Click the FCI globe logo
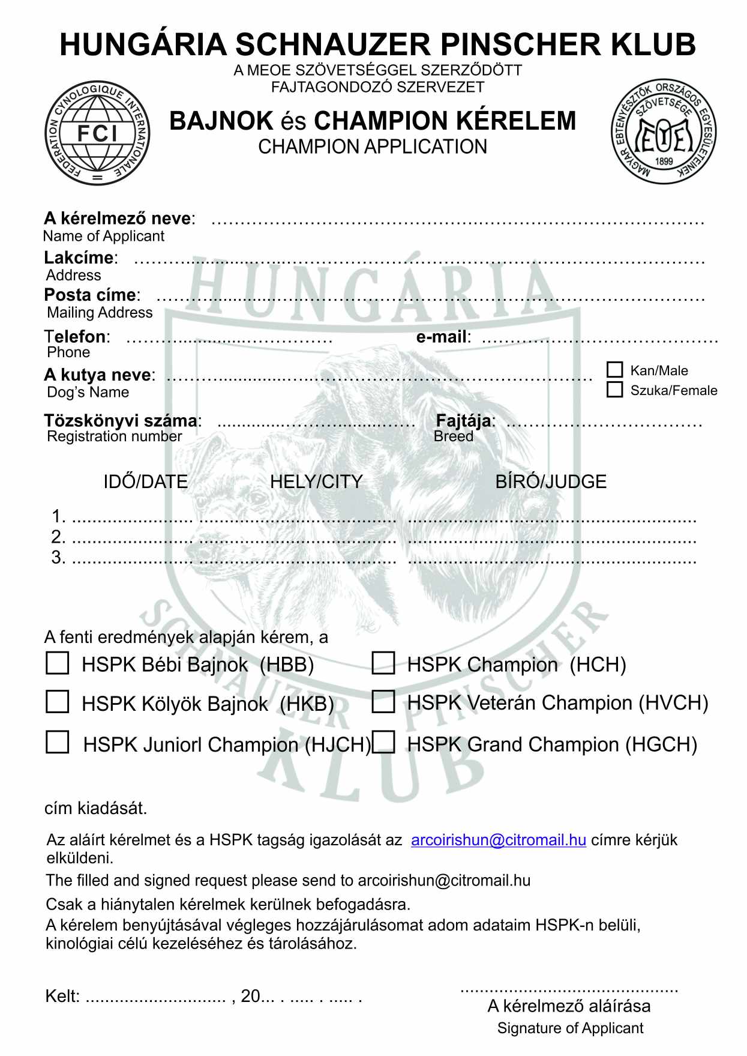pyautogui.click(x=98, y=133)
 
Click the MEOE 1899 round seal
pyautogui.click(x=664, y=132)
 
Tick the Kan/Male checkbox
pyautogui.click(x=614, y=369)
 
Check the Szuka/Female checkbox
pyautogui.click(x=614, y=390)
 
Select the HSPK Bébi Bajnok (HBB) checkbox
pyautogui.click(x=58, y=663)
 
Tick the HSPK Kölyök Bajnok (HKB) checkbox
pyautogui.click(x=58, y=701)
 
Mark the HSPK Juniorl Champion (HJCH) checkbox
pyautogui.click(x=58, y=742)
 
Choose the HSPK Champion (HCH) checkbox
pyautogui.click(x=383, y=663)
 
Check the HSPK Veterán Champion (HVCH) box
pyautogui.click(x=383, y=701)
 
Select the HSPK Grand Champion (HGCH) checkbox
pyautogui.click(x=383, y=742)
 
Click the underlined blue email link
pyautogui.click(x=498, y=840)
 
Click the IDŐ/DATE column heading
pyautogui.click(x=146, y=481)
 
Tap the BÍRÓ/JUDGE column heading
pyautogui.click(x=551, y=481)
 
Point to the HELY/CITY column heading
pyautogui.click(x=316, y=481)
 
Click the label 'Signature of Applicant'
pyautogui.click(x=570, y=1028)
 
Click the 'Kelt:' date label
pyautogui.click(x=62, y=997)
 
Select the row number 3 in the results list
pyautogui.click(x=58, y=557)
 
